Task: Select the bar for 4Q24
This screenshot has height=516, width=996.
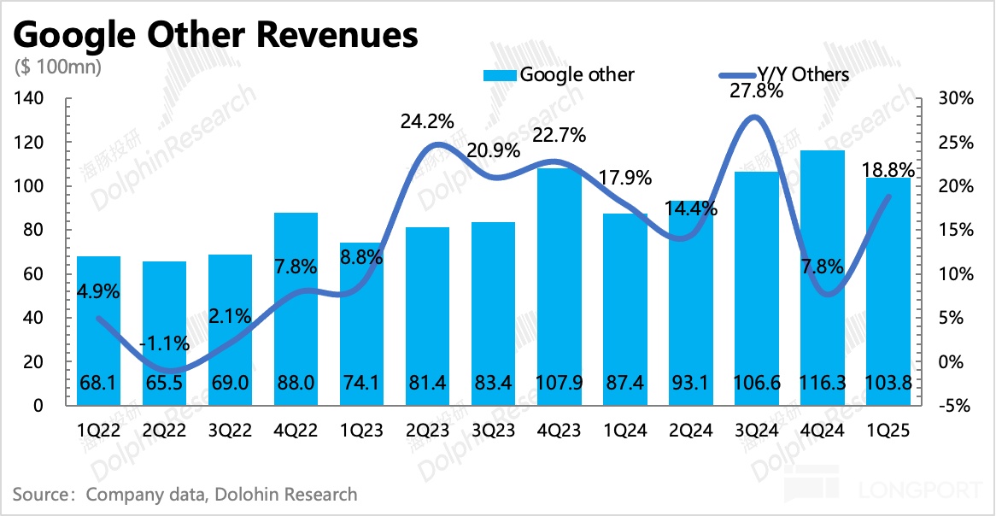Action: [823, 273]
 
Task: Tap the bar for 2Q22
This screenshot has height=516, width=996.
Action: [165, 333]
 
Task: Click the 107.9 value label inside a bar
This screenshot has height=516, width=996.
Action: [560, 383]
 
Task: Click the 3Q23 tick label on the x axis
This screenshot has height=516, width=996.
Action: [494, 431]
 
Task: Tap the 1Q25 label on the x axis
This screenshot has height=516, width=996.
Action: [888, 431]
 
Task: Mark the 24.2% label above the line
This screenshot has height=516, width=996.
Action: [427, 121]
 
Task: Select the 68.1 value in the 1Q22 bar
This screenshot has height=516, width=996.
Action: [98, 383]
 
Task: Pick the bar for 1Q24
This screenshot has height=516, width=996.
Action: [625, 308]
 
